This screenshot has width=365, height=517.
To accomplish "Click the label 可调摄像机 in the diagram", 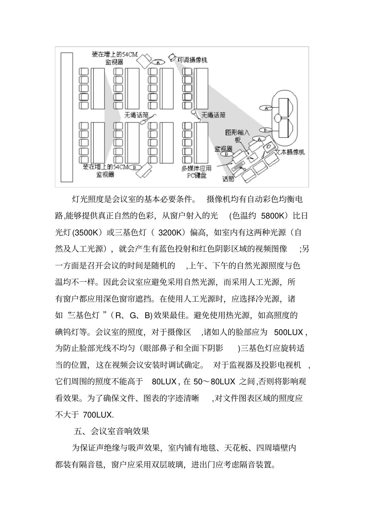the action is (x=192, y=60).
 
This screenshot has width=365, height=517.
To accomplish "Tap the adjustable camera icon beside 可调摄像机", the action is (x=172, y=57).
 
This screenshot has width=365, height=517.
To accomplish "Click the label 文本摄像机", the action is (x=290, y=152).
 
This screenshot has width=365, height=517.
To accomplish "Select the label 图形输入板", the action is (x=237, y=136).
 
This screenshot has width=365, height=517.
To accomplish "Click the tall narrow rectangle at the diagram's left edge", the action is (x=67, y=116).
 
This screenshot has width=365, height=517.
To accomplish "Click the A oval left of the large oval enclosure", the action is (x=266, y=108).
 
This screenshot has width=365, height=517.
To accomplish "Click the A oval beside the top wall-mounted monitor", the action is (x=158, y=62).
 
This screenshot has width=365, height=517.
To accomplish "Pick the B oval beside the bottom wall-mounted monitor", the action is (x=134, y=167).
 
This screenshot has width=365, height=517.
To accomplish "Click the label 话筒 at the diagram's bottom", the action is (x=228, y=179).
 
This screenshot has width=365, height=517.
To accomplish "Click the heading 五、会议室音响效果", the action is (x=111, y=431).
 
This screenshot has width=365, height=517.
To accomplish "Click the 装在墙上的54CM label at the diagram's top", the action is (x=114, y=55).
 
